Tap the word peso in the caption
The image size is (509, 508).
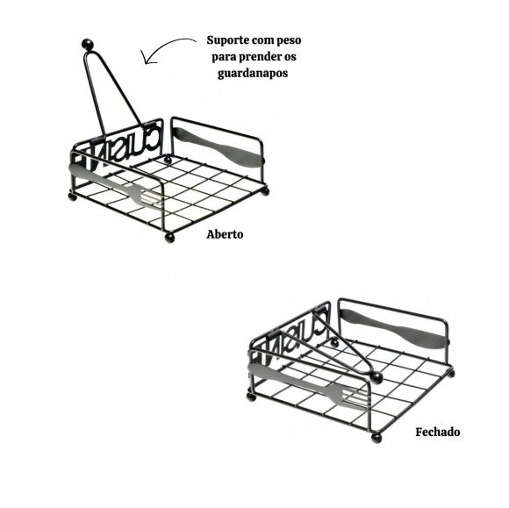click(x=298, y=41)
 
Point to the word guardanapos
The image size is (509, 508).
click(x=254, y=74)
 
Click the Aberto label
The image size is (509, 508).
click(x=225, y=235)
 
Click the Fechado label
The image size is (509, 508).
click(x=437, y=433)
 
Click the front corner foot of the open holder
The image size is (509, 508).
click(x=170, y=237)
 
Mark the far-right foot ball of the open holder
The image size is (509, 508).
click(x=266, y=190)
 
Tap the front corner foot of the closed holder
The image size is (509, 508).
click(x=377, y=436)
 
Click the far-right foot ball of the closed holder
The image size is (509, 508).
click(x=452, y=374)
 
